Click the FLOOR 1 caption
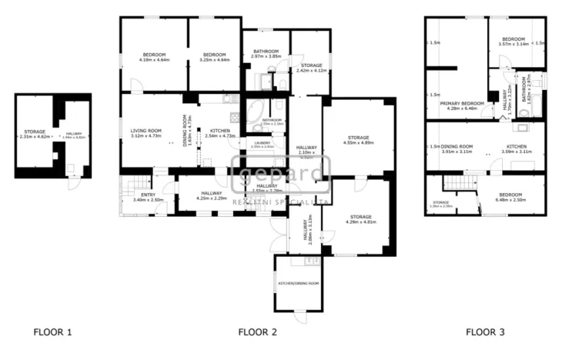[x=52, y=332]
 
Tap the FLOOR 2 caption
[x=257, y=332]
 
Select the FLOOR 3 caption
[x=485, y=332]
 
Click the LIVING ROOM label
[x=146, y=131]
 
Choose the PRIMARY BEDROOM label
[x=462, y=103]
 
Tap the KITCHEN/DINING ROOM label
[x=298, y=283]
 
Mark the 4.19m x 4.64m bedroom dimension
[x=155, y=60]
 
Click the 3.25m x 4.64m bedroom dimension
[x=214, y=60]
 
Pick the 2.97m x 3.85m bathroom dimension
[x=266, y=57]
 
